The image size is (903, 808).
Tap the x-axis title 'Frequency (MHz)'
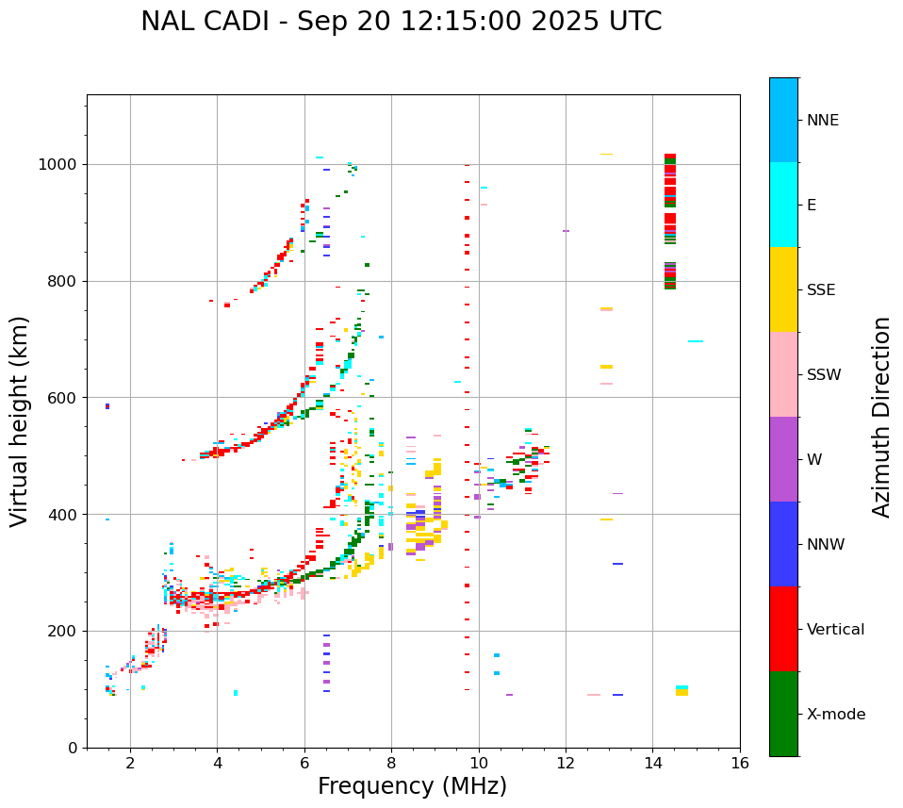[412, 786]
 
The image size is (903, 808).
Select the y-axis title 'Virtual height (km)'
[20, 420]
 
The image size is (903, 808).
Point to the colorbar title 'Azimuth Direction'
[881, 416]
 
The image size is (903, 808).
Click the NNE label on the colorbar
[822, 121]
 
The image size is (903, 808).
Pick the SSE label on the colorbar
[820, 290]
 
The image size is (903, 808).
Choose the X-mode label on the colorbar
[835, 715]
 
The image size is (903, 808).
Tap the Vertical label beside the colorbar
[835, 630]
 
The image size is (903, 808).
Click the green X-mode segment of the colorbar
[783, 714]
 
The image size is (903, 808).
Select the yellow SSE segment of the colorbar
[783, 289]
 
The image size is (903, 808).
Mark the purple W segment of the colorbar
[783, 459]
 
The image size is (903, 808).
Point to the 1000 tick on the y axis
[63, 165]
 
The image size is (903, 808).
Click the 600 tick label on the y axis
[67, 398]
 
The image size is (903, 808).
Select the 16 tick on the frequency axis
[740, 762]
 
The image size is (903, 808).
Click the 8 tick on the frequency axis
[391, 762]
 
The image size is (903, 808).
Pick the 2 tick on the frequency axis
[130, 762]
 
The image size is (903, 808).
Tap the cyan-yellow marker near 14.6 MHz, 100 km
[681, 690]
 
